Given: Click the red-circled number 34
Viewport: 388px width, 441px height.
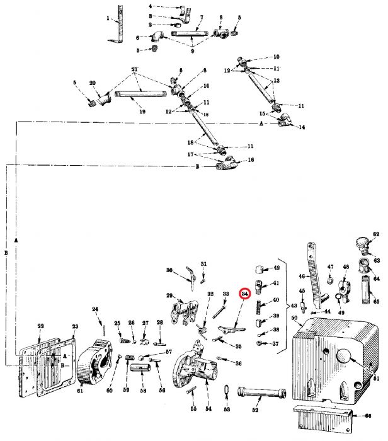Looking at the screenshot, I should [x=244, y=294].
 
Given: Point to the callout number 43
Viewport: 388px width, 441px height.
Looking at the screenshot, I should [x=293, y=306].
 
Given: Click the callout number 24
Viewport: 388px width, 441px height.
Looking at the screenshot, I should [x=95, y=309].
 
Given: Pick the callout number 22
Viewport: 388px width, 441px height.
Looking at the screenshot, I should [x=40, y=326].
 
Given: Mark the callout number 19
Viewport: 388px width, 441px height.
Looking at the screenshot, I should [x=142, y=112].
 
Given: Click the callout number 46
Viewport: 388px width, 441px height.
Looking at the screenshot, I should [x=302, y=275].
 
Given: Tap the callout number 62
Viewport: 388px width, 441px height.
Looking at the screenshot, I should [x=377, y=234].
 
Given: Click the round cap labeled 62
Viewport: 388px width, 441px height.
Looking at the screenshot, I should [x=363, y=242].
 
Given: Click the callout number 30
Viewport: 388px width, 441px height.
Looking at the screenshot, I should [x=169, y=270].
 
